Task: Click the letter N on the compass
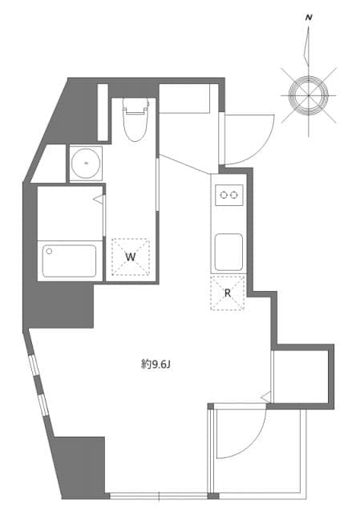pos(309,16)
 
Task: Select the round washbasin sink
pos(85,164)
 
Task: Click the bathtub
pos(69,261)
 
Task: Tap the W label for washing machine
pos(130,256)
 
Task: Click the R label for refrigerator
pos(228,293)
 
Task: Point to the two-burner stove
pos(228,195)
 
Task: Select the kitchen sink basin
pos(228,252)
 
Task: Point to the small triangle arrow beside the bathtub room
pos(99,198)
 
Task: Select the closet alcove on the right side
pos(300,375)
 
